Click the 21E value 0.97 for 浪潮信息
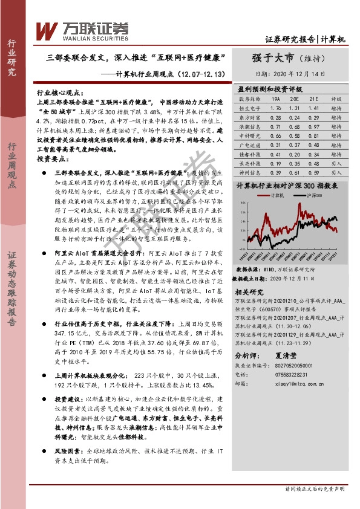313,126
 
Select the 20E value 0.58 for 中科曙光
294,136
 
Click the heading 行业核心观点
59,94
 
